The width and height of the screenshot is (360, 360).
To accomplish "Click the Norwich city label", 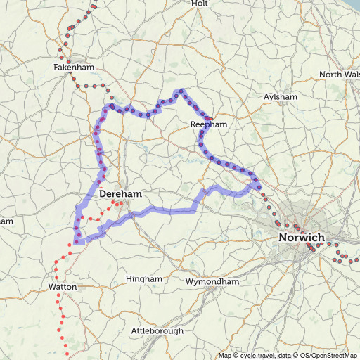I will [302, 238].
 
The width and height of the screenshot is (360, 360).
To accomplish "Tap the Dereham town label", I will [121, 193].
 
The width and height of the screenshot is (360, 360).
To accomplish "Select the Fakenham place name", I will [73, 67].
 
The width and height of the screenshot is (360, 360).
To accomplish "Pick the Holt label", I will [200, 4].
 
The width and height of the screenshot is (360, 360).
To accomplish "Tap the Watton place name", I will [62, 287].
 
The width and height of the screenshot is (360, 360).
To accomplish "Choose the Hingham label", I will [143, 279].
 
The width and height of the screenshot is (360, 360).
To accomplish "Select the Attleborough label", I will [157, 330].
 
